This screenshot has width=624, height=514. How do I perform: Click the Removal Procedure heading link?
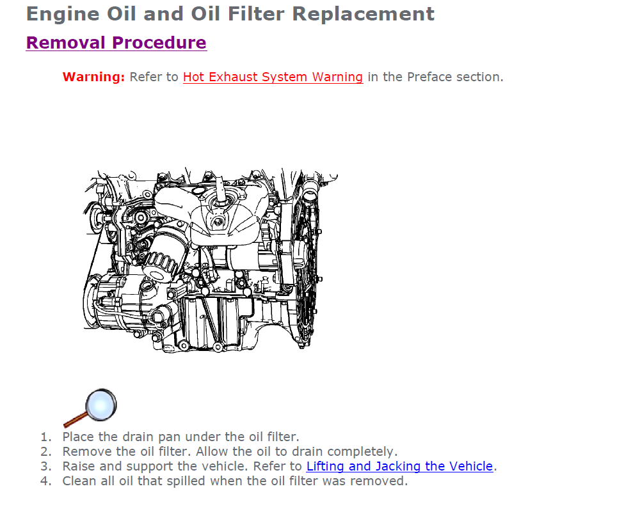(x=116, y=43)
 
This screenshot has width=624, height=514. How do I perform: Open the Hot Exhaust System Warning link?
(x=273, y=77)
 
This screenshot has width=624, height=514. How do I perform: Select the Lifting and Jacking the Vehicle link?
(x=399, y=466)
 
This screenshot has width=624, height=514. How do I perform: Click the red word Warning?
(x=93, y=77)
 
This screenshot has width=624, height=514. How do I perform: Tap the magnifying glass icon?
(x=90, y=407)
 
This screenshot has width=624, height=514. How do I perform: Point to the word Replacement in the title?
(x=363, y=14)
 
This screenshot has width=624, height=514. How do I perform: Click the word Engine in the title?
(x=63, y=15)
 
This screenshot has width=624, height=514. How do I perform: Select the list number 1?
(x=46, y=437)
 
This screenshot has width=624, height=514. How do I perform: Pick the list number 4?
(x=46, y=481)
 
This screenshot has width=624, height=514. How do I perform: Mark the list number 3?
(x=46, y=466)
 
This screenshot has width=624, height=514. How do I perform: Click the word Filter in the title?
(x=256, y=13)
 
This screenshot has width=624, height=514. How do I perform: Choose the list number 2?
(x=46, y=451)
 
